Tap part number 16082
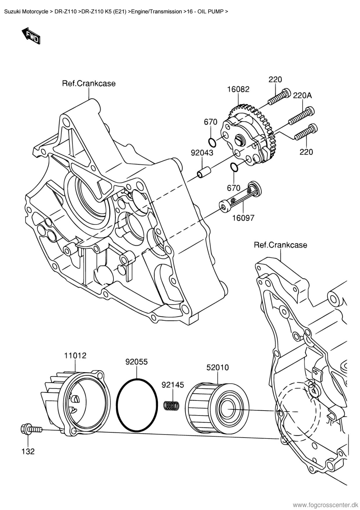tap(238, 89)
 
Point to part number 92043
tap(202, 153)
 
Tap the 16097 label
tap(243, 218)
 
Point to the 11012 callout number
tap(75, 355)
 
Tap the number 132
tap(28, 451)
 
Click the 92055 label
tap(136, 362)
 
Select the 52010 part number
tap(217, 368)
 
